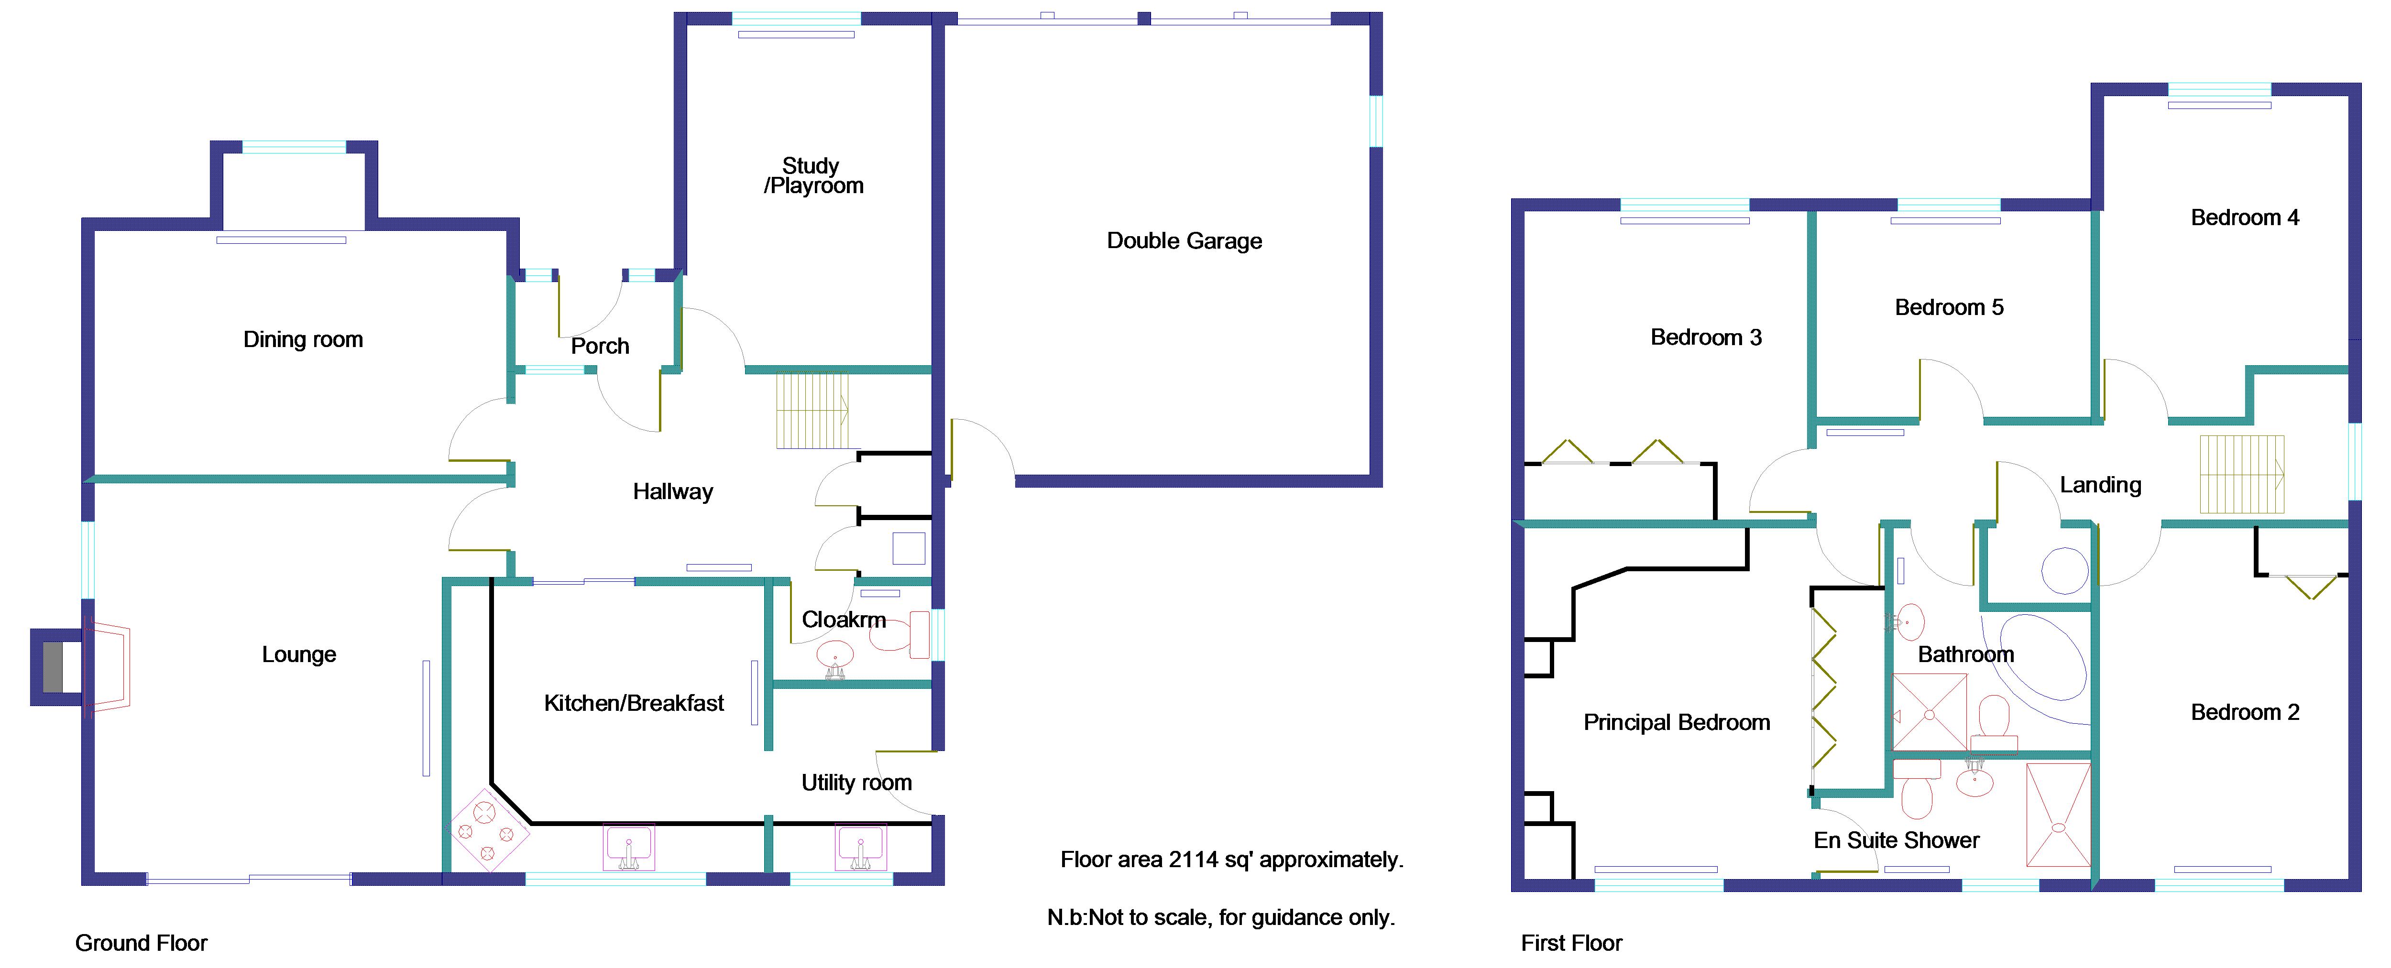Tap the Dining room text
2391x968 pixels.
[x=303, y=340]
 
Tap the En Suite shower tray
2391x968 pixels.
[x=2058, y=815]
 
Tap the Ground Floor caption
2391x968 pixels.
[x=141, y=943]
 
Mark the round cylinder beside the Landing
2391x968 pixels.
[x=2064, y=570]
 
